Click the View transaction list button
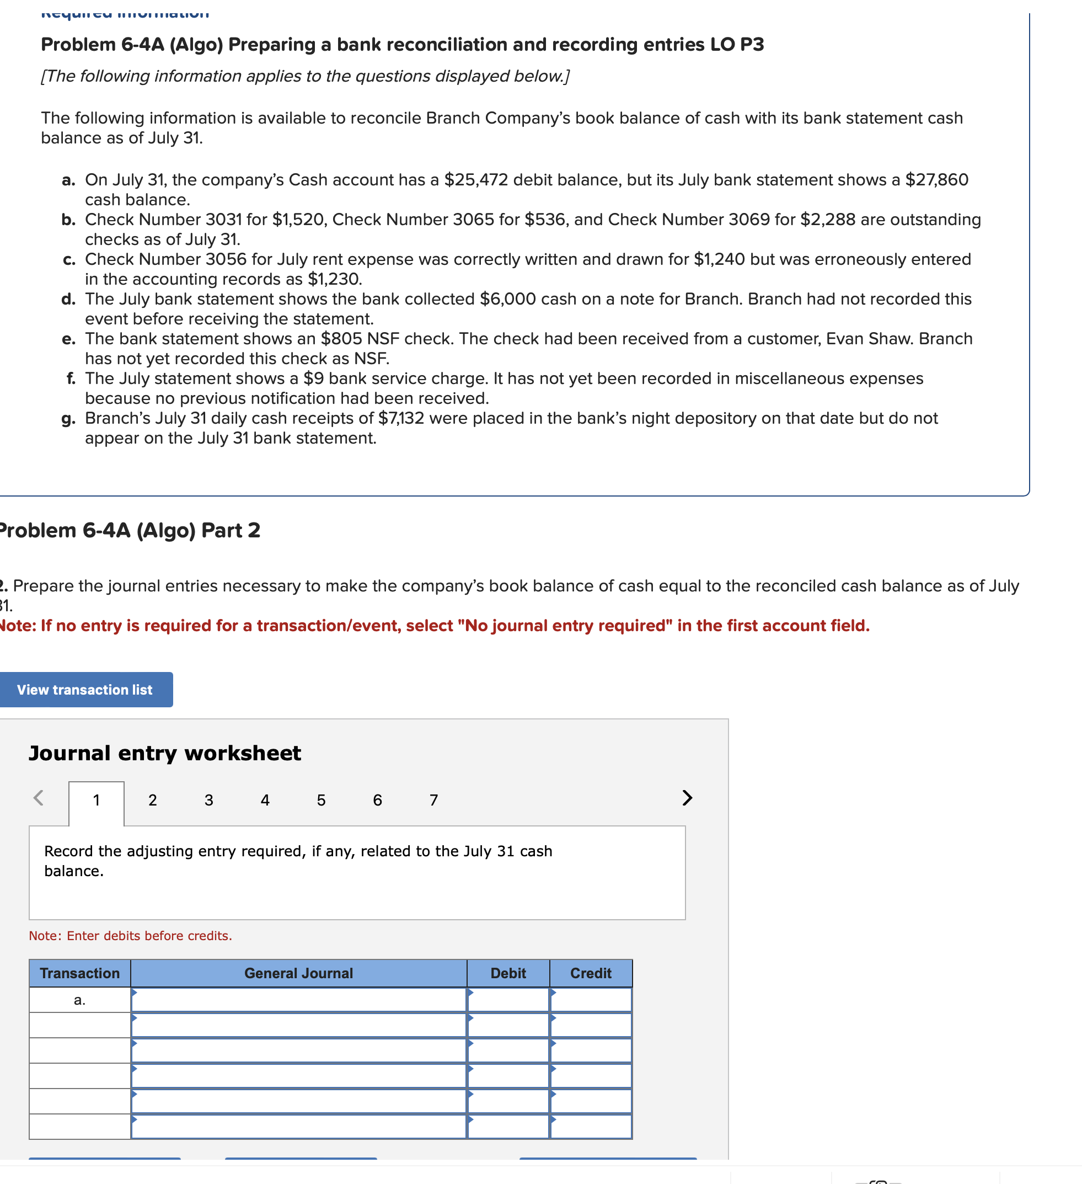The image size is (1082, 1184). [84, 690]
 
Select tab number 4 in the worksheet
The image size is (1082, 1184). [265, 800]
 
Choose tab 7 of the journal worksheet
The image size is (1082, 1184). [433, 800]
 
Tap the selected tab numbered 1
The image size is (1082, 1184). [97, 800]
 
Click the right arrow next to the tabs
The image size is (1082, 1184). [687, 798]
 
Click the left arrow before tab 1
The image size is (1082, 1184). [39, 798]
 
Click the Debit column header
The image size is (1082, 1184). [508, 973]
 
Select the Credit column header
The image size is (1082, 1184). [591, 973]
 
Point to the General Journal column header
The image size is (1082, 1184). [298, 973]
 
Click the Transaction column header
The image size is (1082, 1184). [80, 973]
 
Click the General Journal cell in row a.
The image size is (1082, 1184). [298, 1000]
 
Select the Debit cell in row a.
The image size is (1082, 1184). [508, 1000]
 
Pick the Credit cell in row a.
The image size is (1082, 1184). [591, 1000]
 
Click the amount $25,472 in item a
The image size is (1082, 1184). [475, 180]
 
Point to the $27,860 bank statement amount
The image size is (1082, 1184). [936, 180]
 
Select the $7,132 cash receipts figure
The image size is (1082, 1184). [401, 418]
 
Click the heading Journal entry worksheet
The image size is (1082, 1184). [165, 753]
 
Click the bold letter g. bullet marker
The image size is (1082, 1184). [68, 419]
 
